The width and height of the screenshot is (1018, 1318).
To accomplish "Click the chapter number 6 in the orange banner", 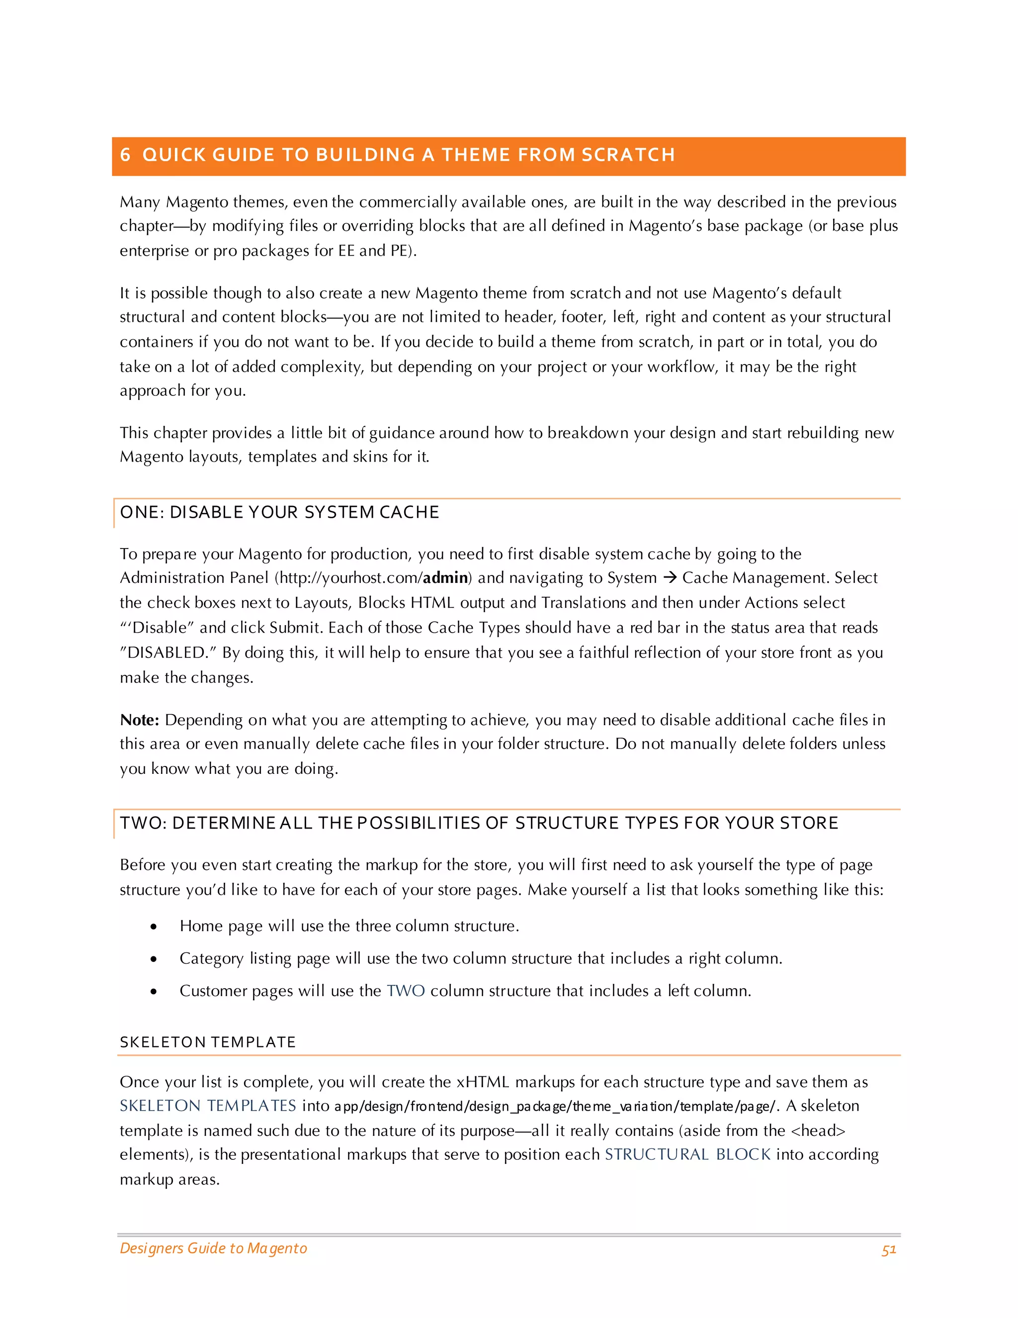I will pyautogui.click(x=125, y=155).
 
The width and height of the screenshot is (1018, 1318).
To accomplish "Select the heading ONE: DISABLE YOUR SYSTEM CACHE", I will pyautogui.click(x=279, y=512).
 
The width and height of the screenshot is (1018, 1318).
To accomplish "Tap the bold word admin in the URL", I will pyautogui.click(x=445, y=577).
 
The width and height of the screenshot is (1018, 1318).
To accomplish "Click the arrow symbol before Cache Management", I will pyautogui.click(x=670, y=577).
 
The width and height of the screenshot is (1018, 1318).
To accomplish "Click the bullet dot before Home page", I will pyautogui.click(x=154, y=927).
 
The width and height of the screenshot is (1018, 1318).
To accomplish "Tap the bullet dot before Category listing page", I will pyautogui.click(x=154, y=959).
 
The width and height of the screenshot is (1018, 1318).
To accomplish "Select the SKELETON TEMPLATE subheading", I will pyautogui.click(x=207, y=1041).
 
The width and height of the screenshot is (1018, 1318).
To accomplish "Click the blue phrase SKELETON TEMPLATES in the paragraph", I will pyautogui.click(x=207, y=1105).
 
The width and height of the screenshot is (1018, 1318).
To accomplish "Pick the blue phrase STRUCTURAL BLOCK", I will pyautogui.click(x=687, y=1154).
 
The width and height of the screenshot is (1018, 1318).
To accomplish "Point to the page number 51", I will pyautogui.click(x=888, y=1249).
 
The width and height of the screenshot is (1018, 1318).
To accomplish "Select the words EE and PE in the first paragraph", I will pyautogui.click(x=373, y=251).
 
